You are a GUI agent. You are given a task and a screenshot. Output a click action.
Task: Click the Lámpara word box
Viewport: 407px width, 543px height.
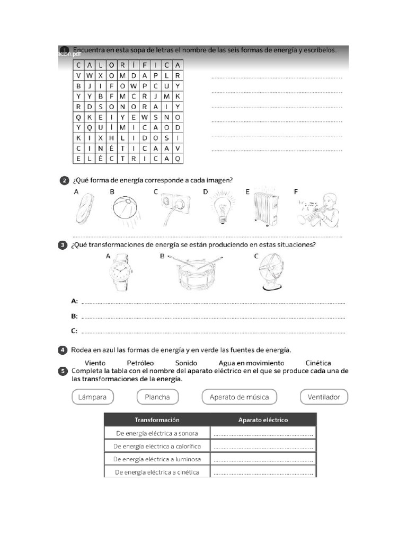click(x=93, y=397)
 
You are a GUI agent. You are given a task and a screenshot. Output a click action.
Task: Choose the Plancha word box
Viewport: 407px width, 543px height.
click(x=157, y=397)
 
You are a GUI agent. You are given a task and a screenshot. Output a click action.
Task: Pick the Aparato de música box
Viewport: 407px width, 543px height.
click(x=239, y=397)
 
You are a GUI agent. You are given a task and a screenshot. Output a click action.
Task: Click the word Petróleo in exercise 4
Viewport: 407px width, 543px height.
click(x=140, y=363)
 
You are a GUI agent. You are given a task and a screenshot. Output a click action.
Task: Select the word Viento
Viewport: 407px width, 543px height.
click(x=95, y=363)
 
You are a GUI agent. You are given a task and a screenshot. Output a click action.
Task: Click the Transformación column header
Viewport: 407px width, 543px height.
click(x=157, y=419)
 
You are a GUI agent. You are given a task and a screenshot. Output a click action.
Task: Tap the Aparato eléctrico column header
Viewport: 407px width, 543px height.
click(x=263, y=419)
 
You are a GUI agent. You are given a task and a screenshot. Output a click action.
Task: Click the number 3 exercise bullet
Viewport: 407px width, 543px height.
click(x=63, y=245)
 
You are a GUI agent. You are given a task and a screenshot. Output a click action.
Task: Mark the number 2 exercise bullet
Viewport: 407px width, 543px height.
click(x=64, y=181)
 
